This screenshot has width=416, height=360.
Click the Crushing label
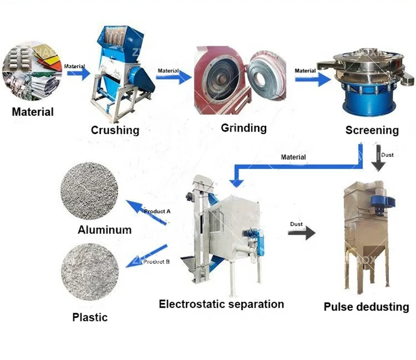pyautogui.click(x=115, y=130)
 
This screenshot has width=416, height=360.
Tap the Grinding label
pyautogui.click(x=243, y=128)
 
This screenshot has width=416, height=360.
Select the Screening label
pyautogui.click(x=372, y=130)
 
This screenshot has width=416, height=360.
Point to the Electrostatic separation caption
pyautogui.click(x=222, y=304)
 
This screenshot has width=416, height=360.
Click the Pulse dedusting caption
pyautogui.click(x=366, y=306)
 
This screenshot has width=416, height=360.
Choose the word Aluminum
pyautogui.click(x=104, y=230)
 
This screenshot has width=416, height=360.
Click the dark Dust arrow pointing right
pyautogui.click(x=304, y=232)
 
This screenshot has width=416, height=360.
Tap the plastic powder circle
pyautogui.click(x=86, y=274)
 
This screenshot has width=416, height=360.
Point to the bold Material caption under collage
pyautogui.click(x=33, y=111)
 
